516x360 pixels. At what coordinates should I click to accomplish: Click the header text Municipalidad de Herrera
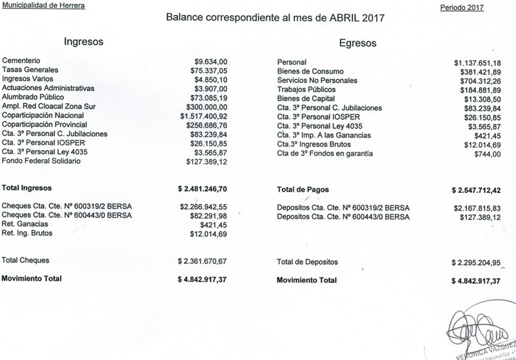coord(37,5)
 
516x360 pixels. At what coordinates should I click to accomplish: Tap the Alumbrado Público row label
coord(34,96)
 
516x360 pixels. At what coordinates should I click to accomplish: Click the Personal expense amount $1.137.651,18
coord(474,61)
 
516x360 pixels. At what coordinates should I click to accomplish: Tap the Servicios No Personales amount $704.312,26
coord(478,80)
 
